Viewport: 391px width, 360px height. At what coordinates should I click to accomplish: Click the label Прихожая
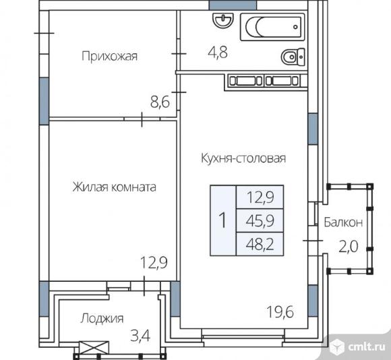(x=109, y=56)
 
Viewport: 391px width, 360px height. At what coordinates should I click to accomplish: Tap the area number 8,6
(x=160, y=102)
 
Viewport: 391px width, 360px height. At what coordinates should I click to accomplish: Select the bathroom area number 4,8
(x=218, y=53)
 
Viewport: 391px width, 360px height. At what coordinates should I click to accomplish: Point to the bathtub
(x=272, y=27)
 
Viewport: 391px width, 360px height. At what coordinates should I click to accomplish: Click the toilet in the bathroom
(x=293, y=57)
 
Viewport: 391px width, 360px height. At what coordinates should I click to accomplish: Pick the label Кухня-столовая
(x=243, y=158)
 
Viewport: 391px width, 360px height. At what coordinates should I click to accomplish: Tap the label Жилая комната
(x=115, y=187)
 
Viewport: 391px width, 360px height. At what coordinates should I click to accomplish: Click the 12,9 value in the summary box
(x=260, y=197)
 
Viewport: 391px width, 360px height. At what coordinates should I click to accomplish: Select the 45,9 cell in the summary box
(x=260, y=220)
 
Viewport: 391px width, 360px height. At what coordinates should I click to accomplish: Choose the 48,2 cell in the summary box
(x=260, y=244)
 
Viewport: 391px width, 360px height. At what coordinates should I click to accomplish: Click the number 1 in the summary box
(x=222, y=220)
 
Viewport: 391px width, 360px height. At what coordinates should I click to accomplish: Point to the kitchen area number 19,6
(x=280, y=312)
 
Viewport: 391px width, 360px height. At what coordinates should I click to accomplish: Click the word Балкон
(x=343, y=222)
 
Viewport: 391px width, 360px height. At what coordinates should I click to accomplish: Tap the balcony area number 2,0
(x=349, y=246)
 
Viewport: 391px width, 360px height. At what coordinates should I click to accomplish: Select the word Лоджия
(x=102, y=318)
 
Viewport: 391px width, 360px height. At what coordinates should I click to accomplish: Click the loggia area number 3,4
(x=140, y=336)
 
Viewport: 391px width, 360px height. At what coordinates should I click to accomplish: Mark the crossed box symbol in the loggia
(x=94, y=347)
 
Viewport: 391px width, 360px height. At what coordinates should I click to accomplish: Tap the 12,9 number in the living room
(x=154, y=262)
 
